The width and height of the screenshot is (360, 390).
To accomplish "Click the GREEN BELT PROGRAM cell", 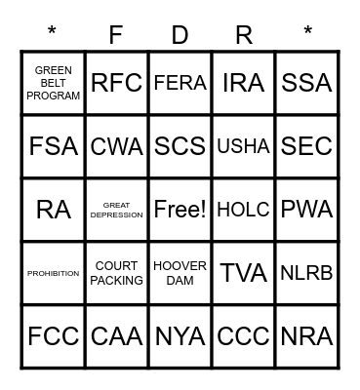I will click(53, 83).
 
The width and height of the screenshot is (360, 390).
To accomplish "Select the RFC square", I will click(116, 83).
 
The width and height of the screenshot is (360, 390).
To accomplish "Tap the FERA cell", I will click(180, 83).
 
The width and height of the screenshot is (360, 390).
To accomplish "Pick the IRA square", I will click(243, 83).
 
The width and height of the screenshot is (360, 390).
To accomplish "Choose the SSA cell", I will click(306, 83).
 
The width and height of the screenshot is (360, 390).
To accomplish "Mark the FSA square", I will click(53, 146).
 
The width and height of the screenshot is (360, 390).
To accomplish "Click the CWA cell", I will click(116, 146).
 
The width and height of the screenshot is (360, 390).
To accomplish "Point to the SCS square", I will click(180, 146).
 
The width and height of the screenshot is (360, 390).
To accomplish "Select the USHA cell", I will click(243, 146).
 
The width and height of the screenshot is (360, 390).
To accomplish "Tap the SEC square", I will click(306, 146).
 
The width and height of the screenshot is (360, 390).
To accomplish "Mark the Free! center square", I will click(180, 210).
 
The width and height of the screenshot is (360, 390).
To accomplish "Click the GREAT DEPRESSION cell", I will click(116, 210).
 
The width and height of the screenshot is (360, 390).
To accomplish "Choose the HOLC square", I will click(243, 210).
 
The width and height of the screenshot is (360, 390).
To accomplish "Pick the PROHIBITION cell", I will click(53, 273).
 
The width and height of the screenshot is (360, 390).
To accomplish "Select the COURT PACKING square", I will click(116, 273).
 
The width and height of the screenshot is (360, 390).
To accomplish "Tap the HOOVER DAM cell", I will click(180, 273).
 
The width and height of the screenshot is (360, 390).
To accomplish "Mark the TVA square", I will click(243, 273).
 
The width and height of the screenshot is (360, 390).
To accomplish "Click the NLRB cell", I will click(306, 273).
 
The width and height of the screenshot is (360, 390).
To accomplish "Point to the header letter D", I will click(180, 35).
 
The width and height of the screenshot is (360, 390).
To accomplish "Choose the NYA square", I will click(180, 336).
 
